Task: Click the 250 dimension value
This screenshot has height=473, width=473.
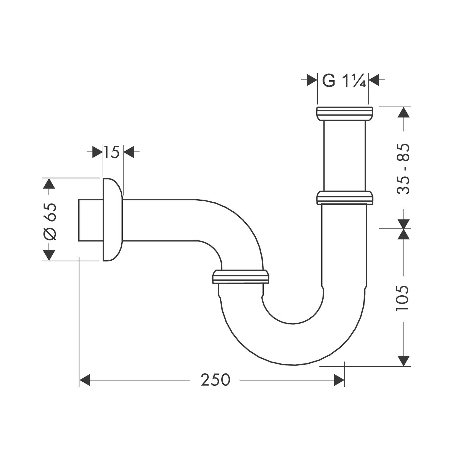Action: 215,380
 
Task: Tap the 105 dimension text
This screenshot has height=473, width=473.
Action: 402,298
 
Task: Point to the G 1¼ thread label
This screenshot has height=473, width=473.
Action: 343,81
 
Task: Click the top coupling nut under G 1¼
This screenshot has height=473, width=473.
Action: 344,114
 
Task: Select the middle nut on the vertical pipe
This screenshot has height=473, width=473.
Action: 344,198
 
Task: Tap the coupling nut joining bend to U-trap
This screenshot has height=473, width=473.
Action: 241,277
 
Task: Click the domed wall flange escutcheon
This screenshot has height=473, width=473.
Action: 112,220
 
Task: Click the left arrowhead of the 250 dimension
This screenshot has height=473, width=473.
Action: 85,380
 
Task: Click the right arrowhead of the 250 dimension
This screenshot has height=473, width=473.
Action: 339,380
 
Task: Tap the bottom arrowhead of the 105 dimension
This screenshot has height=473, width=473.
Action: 404,361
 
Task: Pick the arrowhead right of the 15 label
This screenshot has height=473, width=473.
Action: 129,152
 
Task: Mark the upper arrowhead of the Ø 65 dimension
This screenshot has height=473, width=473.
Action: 49,183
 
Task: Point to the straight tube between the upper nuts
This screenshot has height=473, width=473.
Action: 344,156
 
